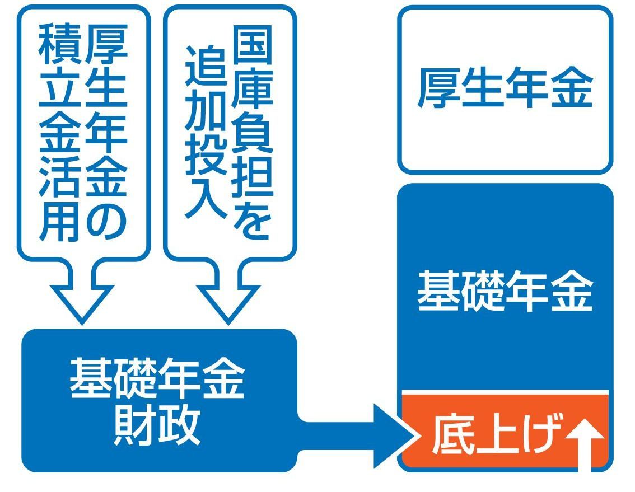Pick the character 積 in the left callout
click(59, 45)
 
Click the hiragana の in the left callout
click(106, 219)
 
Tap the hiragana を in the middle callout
click(252, 219)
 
